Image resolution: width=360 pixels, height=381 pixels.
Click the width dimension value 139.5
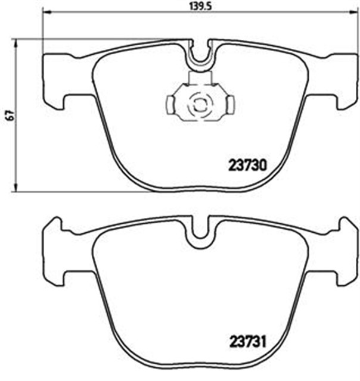coord(200,7)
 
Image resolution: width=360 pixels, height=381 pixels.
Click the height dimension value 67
coord(10,115)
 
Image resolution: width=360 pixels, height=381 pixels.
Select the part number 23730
coord(247,165)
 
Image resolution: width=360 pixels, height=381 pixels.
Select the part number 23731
coord(248,342)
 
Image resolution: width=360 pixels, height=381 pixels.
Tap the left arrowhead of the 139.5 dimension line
coord(46,11)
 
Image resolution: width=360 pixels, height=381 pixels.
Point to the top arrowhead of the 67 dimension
coord(16,43)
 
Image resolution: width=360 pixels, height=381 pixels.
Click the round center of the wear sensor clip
coord(200,105)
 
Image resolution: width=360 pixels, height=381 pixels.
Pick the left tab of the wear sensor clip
coord(170,105)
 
